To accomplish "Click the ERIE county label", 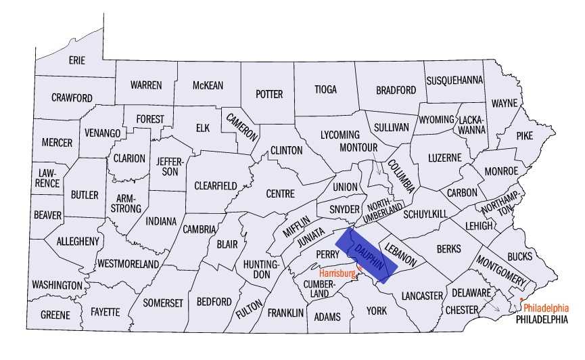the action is [77, 60].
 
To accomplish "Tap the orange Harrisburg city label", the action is [337, 273].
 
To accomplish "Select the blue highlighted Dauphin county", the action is [367, 256].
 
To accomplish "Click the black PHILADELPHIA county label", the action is [542, 319].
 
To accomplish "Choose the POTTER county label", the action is [268, 94].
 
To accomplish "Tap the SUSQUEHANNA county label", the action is [455, 80].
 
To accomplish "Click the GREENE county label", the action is [55, 315].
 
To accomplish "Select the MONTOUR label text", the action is [358, 148].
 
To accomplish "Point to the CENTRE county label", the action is [280, 194].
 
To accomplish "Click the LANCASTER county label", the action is [421, 296].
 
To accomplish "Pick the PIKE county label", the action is [524, 135].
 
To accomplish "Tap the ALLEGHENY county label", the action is [78, 241].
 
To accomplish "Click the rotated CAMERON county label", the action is [242, 126].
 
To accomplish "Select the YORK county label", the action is [376, 311].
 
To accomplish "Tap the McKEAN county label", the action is [208, 85].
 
